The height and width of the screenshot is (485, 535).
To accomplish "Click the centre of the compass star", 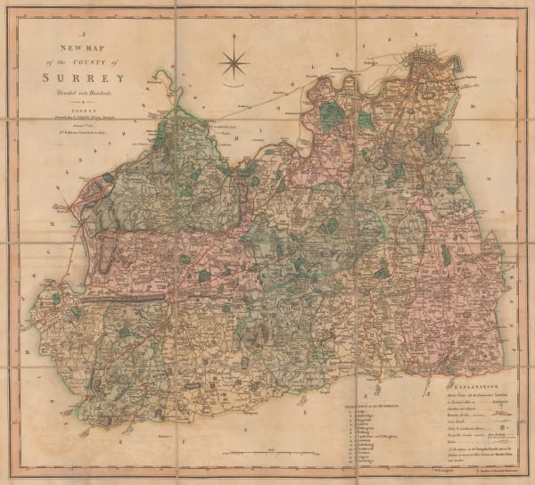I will tap(235, 62).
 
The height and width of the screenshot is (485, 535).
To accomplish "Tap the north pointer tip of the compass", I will tap(235, 36).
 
